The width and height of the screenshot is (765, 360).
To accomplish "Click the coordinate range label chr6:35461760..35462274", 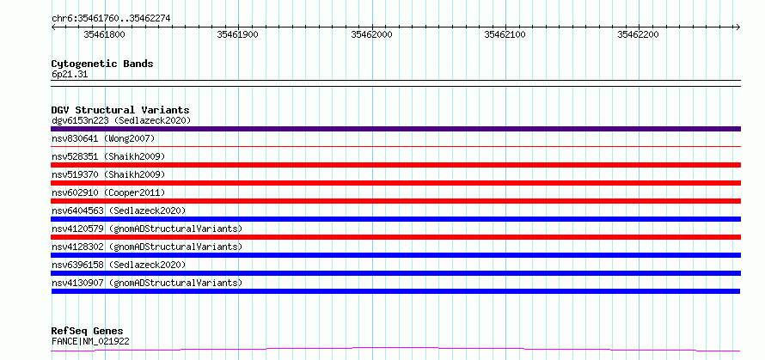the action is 111,19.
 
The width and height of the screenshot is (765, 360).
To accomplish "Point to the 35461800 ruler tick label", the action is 104,34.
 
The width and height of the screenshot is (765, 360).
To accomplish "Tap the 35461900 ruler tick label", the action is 237,34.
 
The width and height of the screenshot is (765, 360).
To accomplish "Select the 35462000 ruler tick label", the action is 371,34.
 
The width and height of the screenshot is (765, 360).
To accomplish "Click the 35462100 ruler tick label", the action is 505,34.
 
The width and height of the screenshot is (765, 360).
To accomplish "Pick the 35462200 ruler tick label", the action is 638,34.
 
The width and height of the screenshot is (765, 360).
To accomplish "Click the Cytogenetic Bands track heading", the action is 102,64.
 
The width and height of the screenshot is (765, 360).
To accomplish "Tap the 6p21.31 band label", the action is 70,75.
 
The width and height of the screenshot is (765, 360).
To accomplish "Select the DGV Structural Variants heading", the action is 120,110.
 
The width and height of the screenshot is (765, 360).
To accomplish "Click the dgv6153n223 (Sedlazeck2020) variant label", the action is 121,120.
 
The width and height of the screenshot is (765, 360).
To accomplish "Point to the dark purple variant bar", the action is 395,129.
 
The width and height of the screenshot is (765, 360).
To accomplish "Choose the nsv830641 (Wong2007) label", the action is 103,138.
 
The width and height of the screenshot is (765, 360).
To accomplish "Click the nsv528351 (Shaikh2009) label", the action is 108,156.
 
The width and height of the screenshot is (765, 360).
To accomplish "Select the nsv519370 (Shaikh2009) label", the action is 108,174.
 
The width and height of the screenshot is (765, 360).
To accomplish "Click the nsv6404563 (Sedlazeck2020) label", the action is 119,211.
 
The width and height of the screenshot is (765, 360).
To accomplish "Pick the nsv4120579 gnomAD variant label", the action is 146,229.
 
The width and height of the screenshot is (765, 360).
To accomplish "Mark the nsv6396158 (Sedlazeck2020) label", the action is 119,265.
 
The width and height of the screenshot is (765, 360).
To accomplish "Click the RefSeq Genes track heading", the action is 88,332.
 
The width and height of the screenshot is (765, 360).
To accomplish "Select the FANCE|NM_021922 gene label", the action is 90,341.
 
